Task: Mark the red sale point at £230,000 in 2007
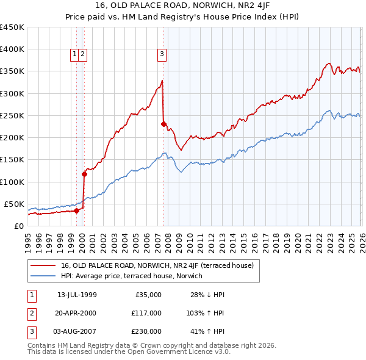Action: point(163,124)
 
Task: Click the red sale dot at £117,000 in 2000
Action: point(85,174)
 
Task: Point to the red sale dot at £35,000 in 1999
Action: point(77,211)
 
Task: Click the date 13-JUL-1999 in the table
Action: point(77,295)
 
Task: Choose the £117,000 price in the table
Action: point(146,313)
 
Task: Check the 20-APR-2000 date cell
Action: point(77,313)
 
